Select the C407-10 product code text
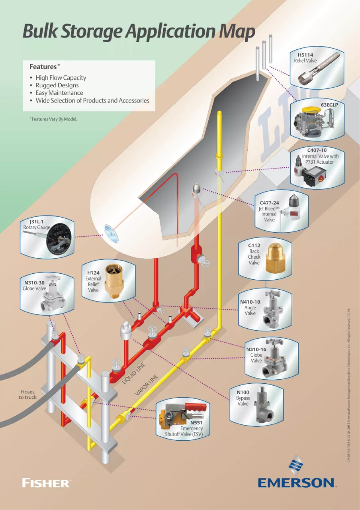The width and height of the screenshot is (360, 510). pos(317,150)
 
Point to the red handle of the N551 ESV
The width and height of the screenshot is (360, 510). pos(195,408)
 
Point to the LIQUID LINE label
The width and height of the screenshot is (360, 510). pos(133,374)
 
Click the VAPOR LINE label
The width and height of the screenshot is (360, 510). pos(147,384)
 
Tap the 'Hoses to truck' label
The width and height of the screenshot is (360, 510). pos(27,394)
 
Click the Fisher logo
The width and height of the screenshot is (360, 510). pos(46,483)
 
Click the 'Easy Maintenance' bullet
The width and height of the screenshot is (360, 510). pos(59,93)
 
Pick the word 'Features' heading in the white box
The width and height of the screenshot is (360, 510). pos(43,66)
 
